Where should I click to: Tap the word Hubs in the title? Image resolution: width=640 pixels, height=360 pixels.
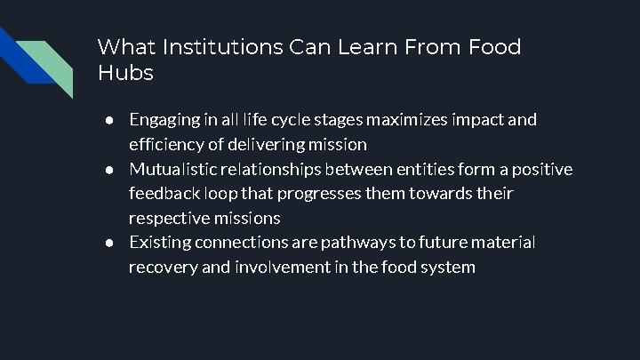click(125, 74)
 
